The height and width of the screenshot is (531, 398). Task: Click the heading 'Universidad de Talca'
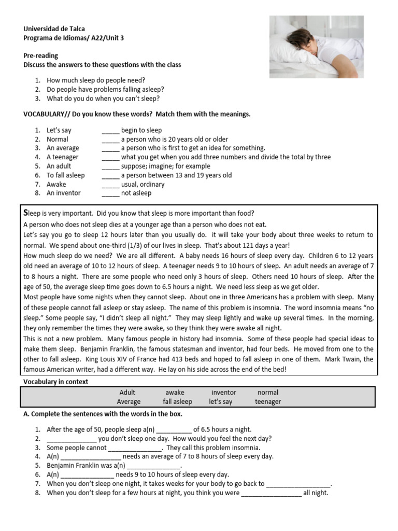[x=54, y=29]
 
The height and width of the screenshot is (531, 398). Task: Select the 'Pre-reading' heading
[x=40, y=55]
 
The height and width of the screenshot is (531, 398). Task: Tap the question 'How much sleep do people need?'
[x=96, y=80]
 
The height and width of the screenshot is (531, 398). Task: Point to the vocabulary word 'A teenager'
[x=63, y=157]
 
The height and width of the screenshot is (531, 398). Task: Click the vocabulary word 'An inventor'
[x=64, y=193]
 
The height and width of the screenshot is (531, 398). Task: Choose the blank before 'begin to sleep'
[x=110, y=131]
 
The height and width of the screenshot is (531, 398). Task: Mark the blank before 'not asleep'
[x=110, y=193]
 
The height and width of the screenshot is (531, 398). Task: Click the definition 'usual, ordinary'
[x=143, y=184]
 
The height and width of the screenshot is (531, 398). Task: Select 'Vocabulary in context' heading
[x=56, y=382]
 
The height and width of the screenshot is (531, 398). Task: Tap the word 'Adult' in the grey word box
[x=127, y=393]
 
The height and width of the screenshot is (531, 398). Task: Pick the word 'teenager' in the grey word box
[x=268, y=402]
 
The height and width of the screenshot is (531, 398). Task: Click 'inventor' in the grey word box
[x=223, y=393]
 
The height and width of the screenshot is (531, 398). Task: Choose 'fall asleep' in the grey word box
[x=177, y=402]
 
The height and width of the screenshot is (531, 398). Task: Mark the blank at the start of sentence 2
[x=71, y=439]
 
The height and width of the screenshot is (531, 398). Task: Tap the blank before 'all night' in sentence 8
[x=271, y=493]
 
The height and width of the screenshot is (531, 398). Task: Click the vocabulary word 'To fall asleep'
[x=66, y=175]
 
